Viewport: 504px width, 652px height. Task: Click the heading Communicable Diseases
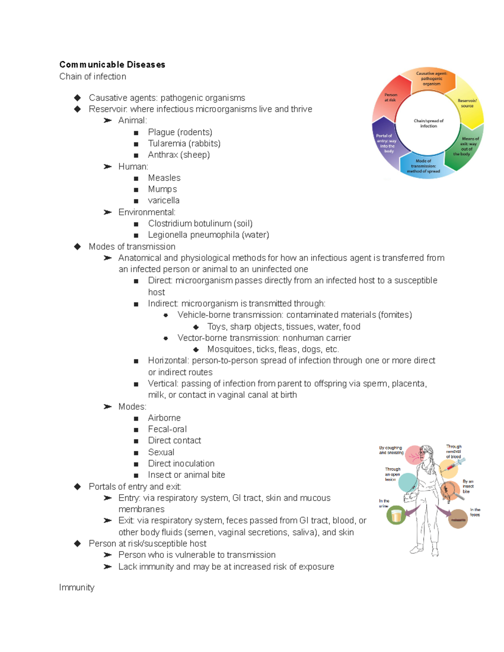click(x=112, y=65)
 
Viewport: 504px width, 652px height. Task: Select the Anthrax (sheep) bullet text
click(x=178, y=155)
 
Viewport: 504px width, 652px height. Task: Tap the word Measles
click(x=164, y=178)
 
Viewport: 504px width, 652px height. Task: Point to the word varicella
click(x=163, y=201)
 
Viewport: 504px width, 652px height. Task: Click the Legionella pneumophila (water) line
click(x=208, y=235)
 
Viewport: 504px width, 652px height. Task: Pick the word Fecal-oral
click(x=167, y=429)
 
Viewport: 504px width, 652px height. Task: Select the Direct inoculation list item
click(x=181, y=463)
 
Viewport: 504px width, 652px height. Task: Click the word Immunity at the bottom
click(x=76, y=587)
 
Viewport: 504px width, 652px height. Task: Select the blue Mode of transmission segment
click(x=423, y=166)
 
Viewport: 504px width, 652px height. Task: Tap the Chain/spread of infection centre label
click(x=428, y=123)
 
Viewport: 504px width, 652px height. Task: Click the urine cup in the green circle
click(x=396, y=515)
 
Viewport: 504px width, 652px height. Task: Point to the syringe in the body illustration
click(x=455, y=464)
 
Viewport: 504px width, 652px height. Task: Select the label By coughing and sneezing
click(x=391, y=450)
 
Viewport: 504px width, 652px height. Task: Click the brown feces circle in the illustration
click(x=458, y=519)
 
